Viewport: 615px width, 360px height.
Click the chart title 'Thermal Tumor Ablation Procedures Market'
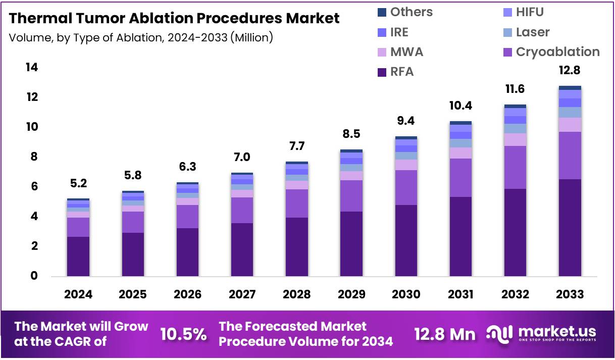pyautogui.click(x=174, y=19)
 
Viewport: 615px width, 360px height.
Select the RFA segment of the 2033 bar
pyautogui.click(x=570, y=227)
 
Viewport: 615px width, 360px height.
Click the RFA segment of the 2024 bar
pyautogui.click(x=78, y=256)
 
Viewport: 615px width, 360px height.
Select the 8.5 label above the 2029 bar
pyautogui.click(x=351, y=135)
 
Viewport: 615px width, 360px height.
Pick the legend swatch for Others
pyautogui.click(x=382, y=12)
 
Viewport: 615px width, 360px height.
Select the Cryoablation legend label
pyautogui.click(x=557, y=52)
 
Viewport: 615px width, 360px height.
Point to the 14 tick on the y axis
pyautogui.click(x=32, y=67)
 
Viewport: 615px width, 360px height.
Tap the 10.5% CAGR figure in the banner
pyautogui.click(x=183, y=334)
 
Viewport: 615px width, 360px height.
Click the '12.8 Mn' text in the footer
pyautogui.click(x=445, y=334)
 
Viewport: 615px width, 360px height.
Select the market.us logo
pyautogui.click(x=541, y=333)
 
